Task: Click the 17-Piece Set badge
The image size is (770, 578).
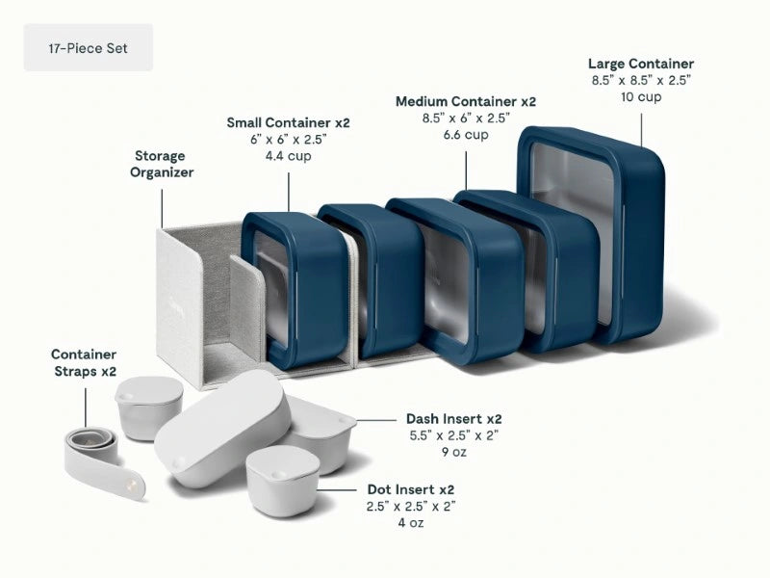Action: pos(88,47)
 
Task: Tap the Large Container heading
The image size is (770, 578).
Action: pos(641,64)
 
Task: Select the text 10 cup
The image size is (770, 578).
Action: pos(641,96)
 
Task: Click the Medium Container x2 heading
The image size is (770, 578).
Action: pos(466,101)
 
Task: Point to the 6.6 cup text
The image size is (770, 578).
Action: pos(466,135)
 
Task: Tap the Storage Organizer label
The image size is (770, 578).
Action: pos(163,164)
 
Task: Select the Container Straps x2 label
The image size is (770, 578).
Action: pos(84,361)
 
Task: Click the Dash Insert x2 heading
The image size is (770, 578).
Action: pos(453,419)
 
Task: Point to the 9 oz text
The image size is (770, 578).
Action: pos(453,452)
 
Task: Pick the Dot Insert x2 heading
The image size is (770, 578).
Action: pos(410,489)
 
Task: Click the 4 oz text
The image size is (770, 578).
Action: pos(410,522)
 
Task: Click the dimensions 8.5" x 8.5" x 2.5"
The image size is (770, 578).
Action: pos(641,80)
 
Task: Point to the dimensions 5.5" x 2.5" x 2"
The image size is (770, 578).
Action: pos(453,435)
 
